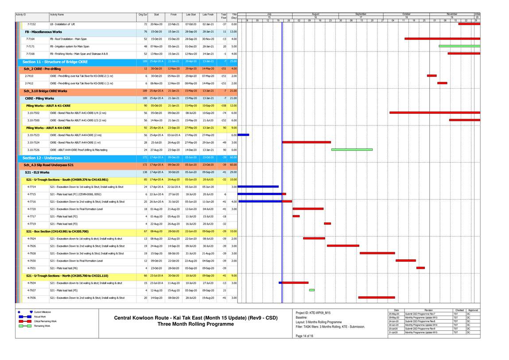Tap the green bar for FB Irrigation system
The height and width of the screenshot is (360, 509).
459,46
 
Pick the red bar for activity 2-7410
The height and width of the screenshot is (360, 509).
431,76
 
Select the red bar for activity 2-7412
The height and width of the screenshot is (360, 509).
442,83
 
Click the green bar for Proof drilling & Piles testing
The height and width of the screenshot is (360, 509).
352,149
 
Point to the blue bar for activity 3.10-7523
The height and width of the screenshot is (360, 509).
243,135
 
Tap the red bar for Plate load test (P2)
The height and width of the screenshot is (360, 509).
296,216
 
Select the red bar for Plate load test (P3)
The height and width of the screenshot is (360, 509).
327,224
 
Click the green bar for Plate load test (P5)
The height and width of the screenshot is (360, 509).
312,290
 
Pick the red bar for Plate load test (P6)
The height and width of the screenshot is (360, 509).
420,268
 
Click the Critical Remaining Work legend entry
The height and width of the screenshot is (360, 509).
46,321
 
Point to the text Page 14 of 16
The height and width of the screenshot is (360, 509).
304,336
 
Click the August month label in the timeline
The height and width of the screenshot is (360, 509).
315,14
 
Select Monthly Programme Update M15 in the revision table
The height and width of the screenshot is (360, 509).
421,333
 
